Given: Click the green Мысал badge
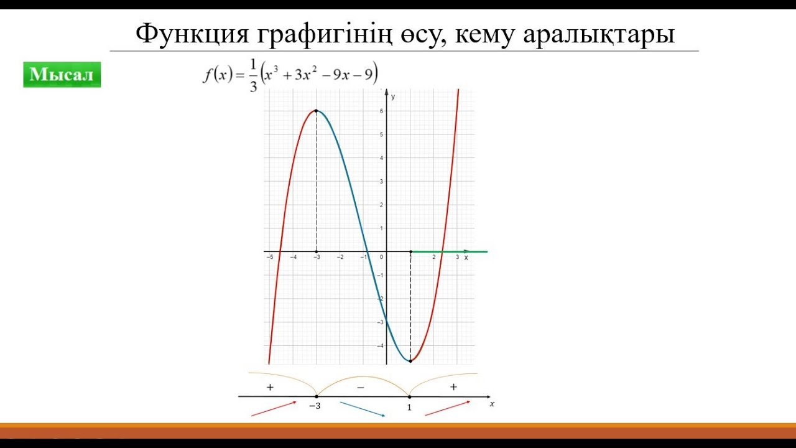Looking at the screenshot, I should tap(62, 75).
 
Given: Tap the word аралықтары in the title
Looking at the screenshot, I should tap(598, 34).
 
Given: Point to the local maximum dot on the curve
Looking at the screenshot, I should tap(317, 111).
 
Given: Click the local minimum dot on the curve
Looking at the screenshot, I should tap(410, 361).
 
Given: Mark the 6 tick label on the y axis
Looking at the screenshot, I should tap(382, 111).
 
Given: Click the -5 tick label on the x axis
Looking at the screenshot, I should tap(269, 257).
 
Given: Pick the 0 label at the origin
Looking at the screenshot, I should tap(382, 257).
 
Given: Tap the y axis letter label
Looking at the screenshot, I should tap(393, 96).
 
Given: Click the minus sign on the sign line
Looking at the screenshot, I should tap(361, 387).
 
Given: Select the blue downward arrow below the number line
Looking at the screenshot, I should tap(363, 408).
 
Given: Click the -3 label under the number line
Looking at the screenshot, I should tap(315, 407).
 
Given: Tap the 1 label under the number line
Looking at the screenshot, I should tap(409, 408).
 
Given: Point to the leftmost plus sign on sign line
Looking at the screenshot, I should tap(270, 387).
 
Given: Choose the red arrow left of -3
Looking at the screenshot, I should tap(274, 408).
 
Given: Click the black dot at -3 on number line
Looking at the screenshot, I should tap(317, 396).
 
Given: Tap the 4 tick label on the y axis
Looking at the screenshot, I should tap(382, 158).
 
